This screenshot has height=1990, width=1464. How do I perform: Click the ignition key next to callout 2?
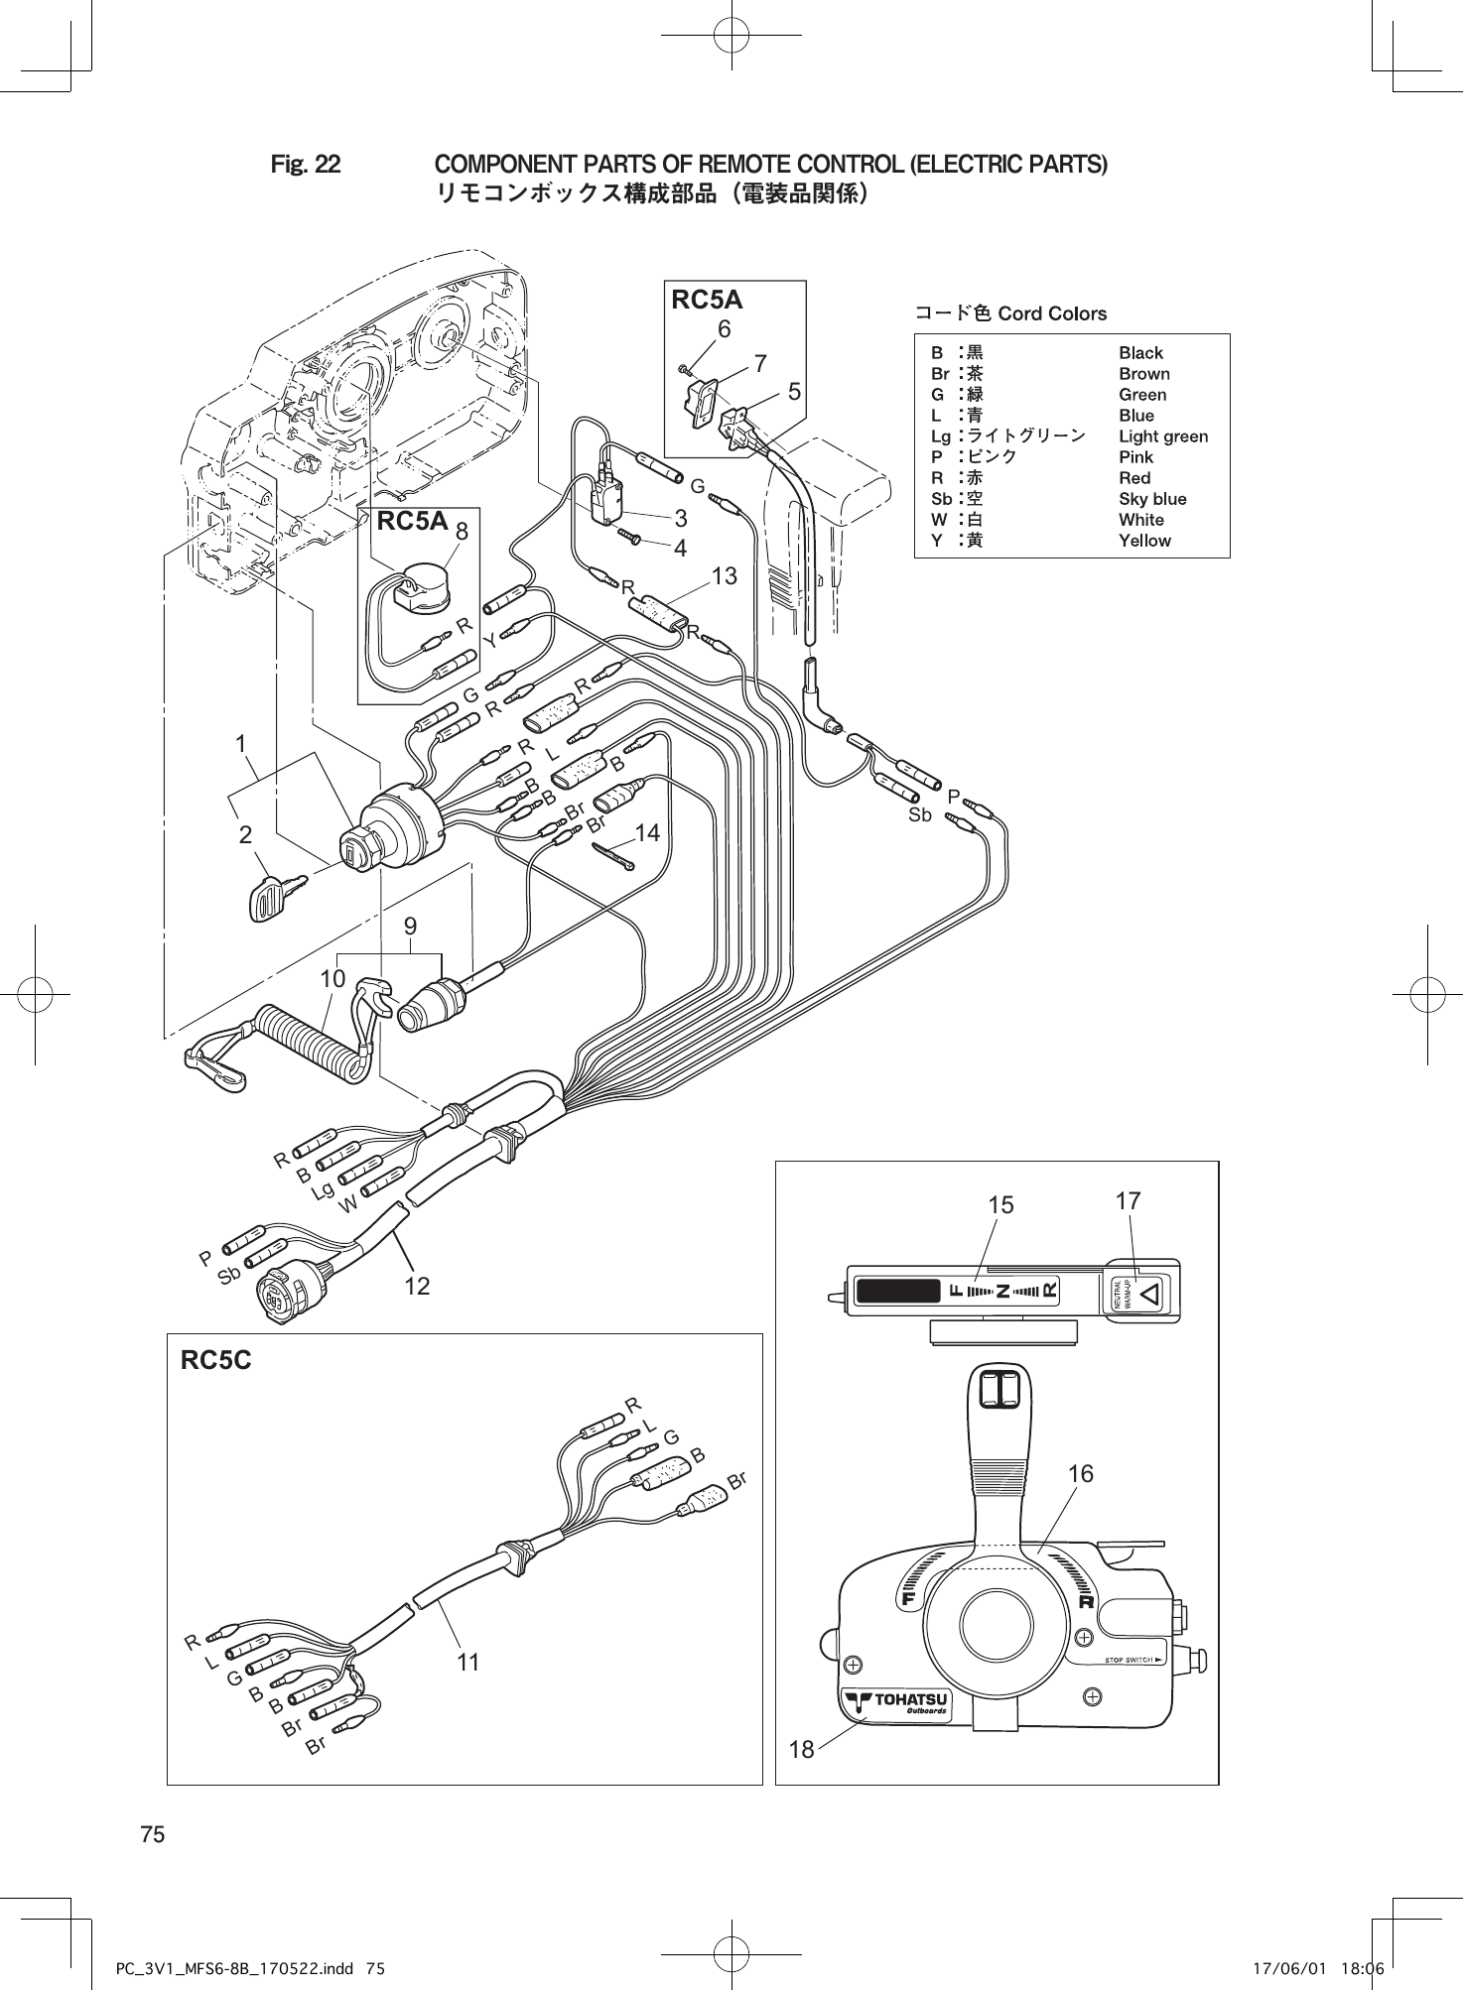pyautogui.click(x=269, y=898)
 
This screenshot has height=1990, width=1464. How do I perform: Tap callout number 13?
pyautogui.click(x=725, y=575)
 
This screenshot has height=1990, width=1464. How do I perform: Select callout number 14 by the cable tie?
pyautogui.click(x=647, y=833)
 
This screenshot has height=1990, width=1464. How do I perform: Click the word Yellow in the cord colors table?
pyautogui.click(x=1144, y=541)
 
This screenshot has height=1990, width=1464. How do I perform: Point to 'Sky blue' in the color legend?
pyautogui.click(x=1152, y=499)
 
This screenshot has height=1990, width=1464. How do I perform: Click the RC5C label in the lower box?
pyautogui.click(x=216, y=1360)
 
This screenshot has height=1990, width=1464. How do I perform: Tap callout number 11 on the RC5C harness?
pyautogui.click(x=468, y=1662)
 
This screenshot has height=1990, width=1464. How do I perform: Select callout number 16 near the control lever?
pyautogui.click(x=1081, y=1474)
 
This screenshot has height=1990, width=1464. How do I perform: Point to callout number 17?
pyautogui.click(x=1128, y=1201)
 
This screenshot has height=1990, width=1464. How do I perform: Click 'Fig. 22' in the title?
pyautogui.click(x=306, y=164)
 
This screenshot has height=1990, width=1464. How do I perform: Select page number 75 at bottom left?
pyautogui.click(x=153, y=1834)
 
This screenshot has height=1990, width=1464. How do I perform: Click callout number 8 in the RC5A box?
pyautogui.click(x=463, y=531)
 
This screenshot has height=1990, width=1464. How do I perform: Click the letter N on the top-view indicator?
pyautogui.click(x=1003, y=1291)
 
